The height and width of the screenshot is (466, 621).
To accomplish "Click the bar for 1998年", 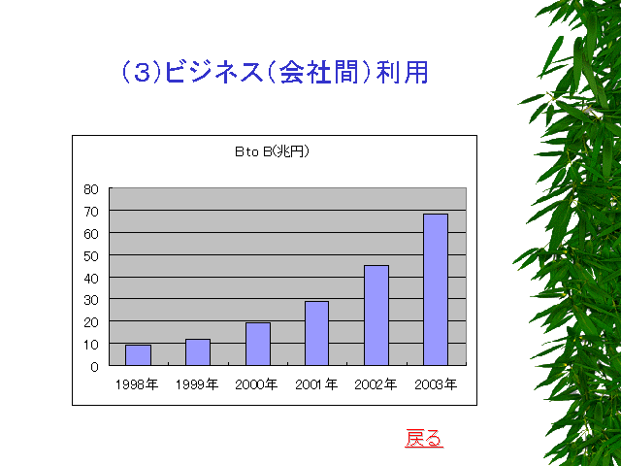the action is point(138,355).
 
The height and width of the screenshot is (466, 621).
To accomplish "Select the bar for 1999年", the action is point(198,351).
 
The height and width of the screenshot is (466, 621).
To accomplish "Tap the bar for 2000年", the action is point(258,344).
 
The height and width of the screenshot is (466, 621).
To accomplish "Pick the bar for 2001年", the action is point(316,333).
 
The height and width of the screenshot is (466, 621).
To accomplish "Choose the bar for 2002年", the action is point(376,316).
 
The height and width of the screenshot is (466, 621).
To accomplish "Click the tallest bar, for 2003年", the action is point(436,289).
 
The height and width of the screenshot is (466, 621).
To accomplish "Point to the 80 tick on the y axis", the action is point(90,189).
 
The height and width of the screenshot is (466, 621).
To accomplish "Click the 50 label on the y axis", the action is point(90,256).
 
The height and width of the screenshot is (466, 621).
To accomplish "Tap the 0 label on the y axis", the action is point(94,367).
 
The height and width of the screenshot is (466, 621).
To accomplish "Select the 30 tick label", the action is point(90,300).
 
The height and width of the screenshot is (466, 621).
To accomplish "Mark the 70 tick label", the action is point(90,212).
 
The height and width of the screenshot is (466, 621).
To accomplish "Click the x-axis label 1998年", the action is point(137,384).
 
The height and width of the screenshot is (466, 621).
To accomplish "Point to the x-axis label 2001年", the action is point(316,384).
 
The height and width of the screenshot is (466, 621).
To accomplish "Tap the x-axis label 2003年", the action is point(436,384).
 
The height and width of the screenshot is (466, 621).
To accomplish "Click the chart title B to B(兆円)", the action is point(272,151).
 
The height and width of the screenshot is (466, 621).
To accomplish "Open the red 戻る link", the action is point(424,438).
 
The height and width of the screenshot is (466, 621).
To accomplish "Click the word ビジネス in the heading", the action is point(213,73).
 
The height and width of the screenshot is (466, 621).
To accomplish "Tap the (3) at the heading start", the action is point(142,73).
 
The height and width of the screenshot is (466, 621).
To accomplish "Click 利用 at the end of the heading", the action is point(403,73).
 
